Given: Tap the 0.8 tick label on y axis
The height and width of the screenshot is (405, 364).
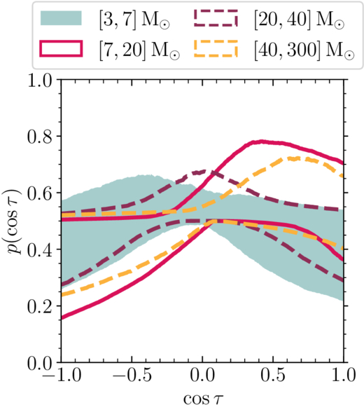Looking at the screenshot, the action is [x=42, y=137].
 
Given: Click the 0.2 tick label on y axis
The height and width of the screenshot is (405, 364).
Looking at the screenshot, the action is [x=42, y=306].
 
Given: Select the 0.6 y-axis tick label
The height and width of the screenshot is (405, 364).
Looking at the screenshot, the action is [x=42, y=193].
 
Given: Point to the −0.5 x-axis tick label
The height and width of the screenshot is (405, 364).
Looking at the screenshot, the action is [x=132, y=375].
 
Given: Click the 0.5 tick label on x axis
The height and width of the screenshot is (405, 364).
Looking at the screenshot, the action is [x=273, y=375].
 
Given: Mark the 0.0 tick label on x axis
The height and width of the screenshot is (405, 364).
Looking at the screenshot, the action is [x=202, y=375].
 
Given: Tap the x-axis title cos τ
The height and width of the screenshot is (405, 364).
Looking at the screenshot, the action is [x=203, y=398].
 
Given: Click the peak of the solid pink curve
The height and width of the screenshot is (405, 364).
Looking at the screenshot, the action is [x=261, y=142].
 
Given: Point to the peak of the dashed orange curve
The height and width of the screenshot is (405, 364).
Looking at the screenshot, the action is [x=294, y=158].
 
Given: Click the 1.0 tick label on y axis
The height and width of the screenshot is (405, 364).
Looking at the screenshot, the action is [x=42, y=80].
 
